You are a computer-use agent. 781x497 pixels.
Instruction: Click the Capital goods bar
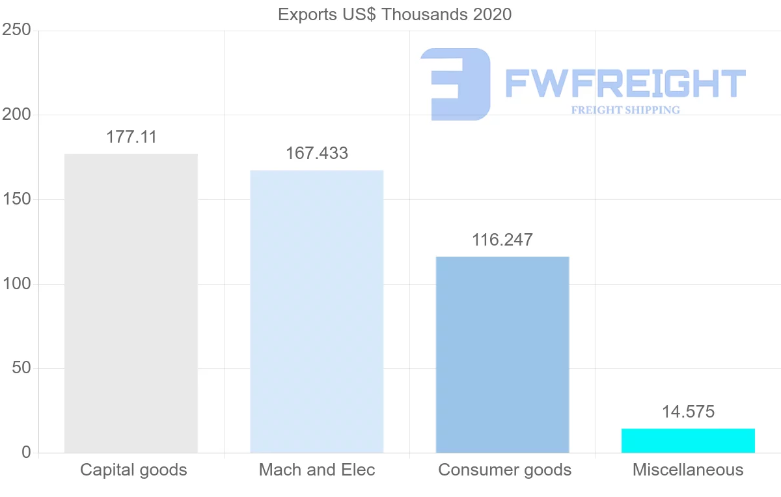(131, 304)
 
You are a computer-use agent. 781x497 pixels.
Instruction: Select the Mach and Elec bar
(317, 311)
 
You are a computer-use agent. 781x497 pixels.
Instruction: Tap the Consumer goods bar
(502, 354)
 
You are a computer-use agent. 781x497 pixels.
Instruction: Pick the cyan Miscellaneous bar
(688, 440)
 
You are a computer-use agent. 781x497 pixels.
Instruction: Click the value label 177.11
(131, 137)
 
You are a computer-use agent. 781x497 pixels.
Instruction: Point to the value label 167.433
(317, 154)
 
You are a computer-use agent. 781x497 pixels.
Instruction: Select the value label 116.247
(502, 240)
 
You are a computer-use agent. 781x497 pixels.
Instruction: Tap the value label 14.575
(688, 412)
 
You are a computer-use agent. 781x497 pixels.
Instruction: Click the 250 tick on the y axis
(16, 31)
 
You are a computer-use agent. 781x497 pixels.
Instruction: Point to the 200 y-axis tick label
(16, 115)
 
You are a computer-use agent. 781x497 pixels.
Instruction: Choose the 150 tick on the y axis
(16, 199)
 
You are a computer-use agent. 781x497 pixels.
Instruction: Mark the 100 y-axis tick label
(16, 284)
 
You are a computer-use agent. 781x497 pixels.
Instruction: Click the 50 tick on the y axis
(21, 368)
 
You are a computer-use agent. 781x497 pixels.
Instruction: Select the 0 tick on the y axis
(26, 453)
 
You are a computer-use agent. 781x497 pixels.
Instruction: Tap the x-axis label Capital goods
(133, 470)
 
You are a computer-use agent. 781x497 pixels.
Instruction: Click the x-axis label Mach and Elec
(317, 470)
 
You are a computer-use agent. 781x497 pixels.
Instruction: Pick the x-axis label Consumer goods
(504, 470)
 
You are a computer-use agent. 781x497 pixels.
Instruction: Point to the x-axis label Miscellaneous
(688, 470)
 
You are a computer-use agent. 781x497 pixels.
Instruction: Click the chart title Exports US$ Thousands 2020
(395, 14)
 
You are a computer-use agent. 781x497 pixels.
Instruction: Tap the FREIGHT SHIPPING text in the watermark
(625, 110)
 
